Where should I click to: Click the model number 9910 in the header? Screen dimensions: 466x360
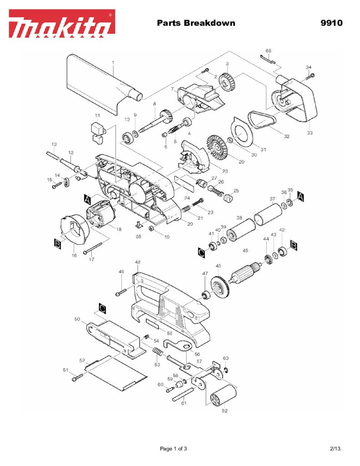(332, 23)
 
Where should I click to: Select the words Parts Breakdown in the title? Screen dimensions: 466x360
(196, 23)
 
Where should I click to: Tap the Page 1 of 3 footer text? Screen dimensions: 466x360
(173, 449)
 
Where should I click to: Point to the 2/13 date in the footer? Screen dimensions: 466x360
(335, 449)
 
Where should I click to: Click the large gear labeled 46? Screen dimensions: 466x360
(222, 288)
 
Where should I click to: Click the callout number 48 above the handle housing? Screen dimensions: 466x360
(137, 263)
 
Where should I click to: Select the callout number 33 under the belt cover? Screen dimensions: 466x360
(309, 132)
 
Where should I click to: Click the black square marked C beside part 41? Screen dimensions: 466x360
(202, 252)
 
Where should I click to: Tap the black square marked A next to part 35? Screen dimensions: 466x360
(301, 195)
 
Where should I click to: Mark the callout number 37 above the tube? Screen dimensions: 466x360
(272, 199)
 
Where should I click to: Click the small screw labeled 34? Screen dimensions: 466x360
(311, 76)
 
